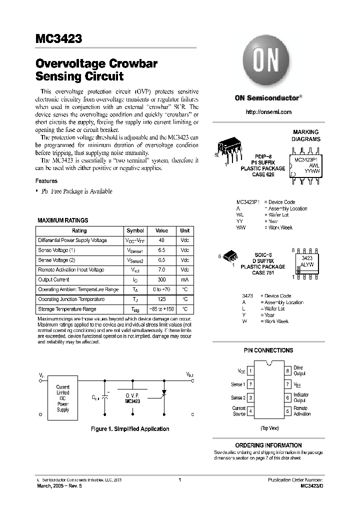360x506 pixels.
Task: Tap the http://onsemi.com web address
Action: coord(268,112)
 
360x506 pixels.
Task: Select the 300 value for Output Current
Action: coord(161,279)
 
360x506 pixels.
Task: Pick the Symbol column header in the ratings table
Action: coord(135,230)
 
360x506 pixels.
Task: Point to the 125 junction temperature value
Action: coord(161,299)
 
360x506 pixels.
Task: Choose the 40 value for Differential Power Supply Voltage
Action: coord(161,240)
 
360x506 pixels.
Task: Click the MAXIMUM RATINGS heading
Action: coord(63,220)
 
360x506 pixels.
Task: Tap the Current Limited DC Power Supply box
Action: coord(63,398)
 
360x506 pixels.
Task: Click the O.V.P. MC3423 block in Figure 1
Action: coord(132,398)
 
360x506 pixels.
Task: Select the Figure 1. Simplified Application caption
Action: coord(129,429)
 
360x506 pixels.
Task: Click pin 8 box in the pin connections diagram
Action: coord(287,371)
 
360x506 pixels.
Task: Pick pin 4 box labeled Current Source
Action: coord(250,411)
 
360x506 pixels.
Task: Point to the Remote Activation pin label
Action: coord(302,411)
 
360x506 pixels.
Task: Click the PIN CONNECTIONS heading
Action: coord(268,350)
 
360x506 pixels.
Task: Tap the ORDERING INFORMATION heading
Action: coord(268,445)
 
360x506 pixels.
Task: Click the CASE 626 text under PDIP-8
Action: coord(266,174)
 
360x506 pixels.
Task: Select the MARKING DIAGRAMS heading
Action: coord(306,135)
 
